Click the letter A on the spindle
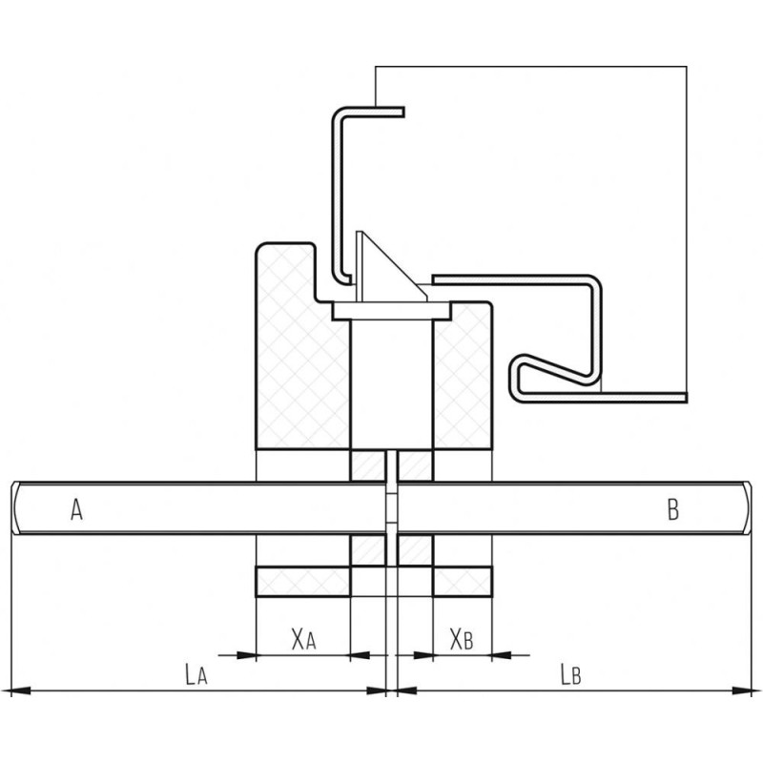[x=76, y=509]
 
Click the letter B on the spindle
[x=673, y=510]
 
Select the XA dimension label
[x=303, y=639]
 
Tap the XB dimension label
[x=462, y=639]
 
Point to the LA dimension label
[x=196, y=674]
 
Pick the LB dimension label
[x=570, y=674]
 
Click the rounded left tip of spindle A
[x=14, y=508]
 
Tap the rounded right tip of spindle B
[x=748, y=508]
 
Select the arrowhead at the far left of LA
[x=20, y=690]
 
